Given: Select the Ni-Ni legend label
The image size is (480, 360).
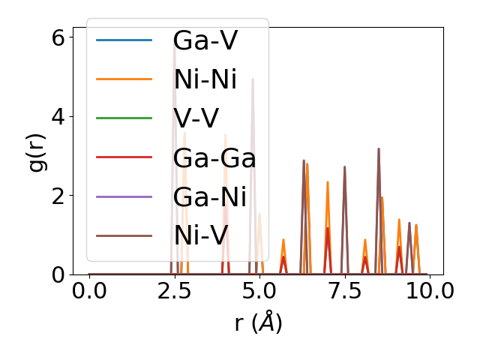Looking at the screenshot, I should click(x=205, y=79).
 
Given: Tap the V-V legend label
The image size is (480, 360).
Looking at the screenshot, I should click(x=199, y=118).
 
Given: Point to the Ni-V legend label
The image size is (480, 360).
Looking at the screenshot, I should click(x=200, y=235).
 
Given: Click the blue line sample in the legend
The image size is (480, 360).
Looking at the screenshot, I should click(x=124, y=40).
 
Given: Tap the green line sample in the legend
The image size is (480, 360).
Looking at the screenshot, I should click(x=124, y=118).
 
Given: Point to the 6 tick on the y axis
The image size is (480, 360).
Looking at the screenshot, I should click(x=58, y=37).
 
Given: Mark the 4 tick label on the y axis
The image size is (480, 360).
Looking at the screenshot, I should click(x=58, y=116).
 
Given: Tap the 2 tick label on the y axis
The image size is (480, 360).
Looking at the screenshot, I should click(x=58, y=196).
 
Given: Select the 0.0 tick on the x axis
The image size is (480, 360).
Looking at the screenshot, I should click(x=89, y=292).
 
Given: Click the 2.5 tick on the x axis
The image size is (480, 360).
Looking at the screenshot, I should click(x=174, y=292).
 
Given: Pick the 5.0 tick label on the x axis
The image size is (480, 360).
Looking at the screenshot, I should click(x=259, y=292).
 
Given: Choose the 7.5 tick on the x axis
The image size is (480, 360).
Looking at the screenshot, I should click(x=344, y=292).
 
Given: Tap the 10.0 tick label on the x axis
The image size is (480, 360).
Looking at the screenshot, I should click(x=429, y=292).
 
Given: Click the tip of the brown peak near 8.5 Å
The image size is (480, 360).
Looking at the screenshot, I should click(x=379, y=148).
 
